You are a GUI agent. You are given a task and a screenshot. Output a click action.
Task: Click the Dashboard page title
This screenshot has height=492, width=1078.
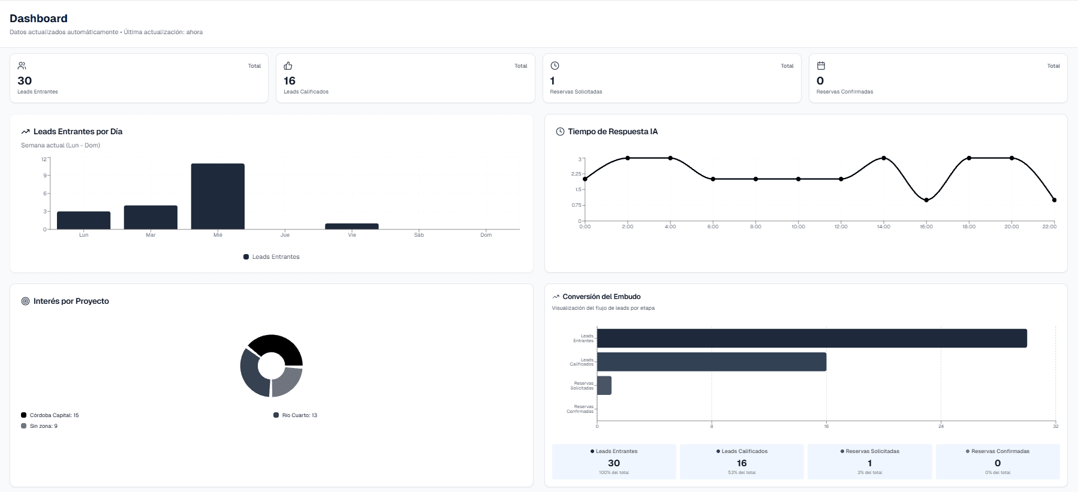point(38,19)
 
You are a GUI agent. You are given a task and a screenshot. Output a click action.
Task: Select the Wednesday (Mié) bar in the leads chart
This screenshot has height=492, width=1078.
point(218,196)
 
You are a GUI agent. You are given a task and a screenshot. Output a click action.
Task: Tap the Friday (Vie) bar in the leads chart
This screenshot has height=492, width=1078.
point(352,227)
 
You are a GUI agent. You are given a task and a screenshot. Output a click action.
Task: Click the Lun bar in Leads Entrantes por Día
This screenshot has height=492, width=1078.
point(83,220)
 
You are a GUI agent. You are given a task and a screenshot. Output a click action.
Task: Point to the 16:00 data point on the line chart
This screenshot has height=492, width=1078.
point(926,200)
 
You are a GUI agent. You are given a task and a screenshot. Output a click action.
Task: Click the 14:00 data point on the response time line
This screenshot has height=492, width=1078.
point(884,158)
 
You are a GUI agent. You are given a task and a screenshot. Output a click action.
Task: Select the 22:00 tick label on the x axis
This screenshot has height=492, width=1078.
point(1049,227)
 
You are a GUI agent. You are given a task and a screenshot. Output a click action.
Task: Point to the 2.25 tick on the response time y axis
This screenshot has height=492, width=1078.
point(576,174)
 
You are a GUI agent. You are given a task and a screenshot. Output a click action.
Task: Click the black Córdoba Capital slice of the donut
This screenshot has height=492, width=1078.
point(278,348)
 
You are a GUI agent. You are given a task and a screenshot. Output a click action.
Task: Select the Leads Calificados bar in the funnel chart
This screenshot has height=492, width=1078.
point(711,362)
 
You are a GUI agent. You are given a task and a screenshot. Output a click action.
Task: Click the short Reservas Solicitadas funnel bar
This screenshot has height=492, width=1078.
point(604,385)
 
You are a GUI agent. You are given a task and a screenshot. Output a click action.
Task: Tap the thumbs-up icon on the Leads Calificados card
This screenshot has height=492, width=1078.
point(288,66)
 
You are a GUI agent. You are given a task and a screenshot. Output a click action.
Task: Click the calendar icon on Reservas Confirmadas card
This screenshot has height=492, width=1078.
point(821,66)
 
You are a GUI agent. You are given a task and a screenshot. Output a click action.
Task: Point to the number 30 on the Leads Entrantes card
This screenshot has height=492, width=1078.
point(25,81)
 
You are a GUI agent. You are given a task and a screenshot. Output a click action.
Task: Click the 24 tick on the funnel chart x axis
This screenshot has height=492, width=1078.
point(941,426)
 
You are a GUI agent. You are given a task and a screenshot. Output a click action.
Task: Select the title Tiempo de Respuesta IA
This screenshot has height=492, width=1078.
point(613,132)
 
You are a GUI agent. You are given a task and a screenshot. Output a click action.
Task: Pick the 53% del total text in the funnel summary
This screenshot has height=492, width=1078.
point(742,473)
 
